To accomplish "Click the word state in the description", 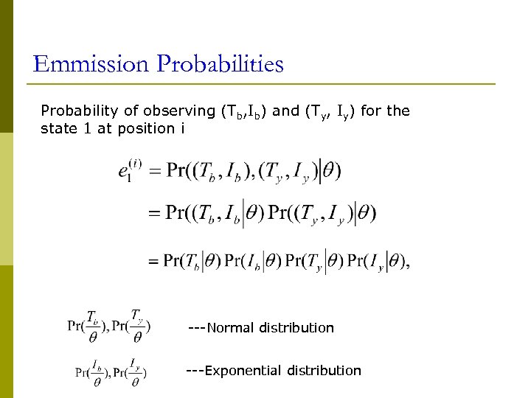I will click(57, 130).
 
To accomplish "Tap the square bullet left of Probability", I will click(33, 112).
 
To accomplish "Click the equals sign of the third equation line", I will click(153, 261).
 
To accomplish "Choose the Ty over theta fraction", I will click(137, 327).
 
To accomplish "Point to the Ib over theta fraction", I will click(97, 372).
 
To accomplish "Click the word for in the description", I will click(371, 111).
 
